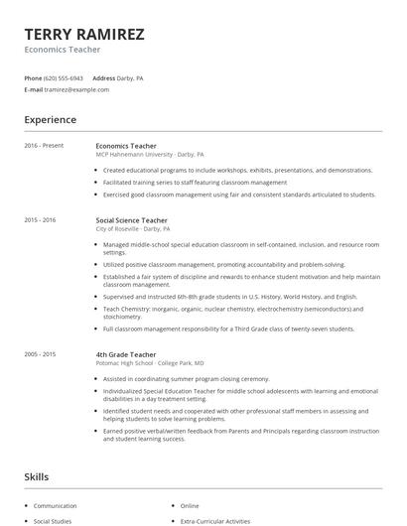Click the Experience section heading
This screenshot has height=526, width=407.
(51, 120)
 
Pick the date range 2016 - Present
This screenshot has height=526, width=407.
(45, 146)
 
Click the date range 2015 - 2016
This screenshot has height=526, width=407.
(41, 218)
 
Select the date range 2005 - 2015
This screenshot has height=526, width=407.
(41, 354)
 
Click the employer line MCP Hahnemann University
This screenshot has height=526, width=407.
(150, 155)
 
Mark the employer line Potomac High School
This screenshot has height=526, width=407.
(150, 363)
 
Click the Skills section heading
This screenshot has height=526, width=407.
(38, 477)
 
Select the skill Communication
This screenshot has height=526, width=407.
(55, 505)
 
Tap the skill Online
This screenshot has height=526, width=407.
(190, 505)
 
